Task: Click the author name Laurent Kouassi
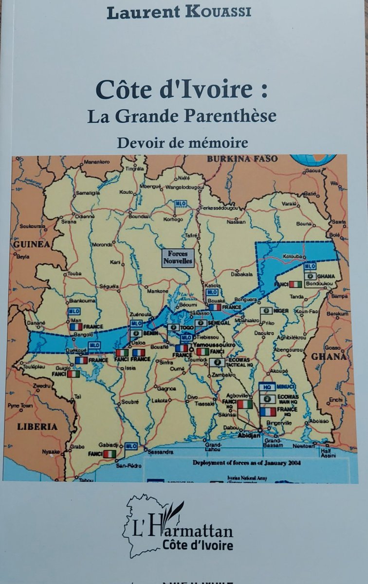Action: click(179, 13)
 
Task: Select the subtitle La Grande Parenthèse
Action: click(182, 116)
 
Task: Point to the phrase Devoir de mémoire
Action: click(182, 142)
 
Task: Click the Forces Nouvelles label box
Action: click(178, 257)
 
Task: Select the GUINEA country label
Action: click(32, 244)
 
